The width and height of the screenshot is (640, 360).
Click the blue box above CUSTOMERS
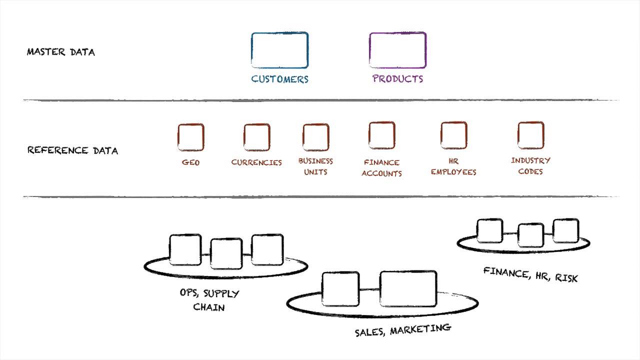(x=279, y=50)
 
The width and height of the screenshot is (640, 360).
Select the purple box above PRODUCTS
(x=397, y=50)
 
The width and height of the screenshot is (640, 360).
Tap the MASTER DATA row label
(x=60, y=51)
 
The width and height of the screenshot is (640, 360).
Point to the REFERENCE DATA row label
(x=72, y=150)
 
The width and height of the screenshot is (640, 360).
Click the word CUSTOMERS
(x=279, y=79)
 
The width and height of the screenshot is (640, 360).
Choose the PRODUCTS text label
(x=397, y=78)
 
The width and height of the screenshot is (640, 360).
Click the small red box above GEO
(x=190, y=137)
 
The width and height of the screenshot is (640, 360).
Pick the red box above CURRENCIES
(x=256, y=137)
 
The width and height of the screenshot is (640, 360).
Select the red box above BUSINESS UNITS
(x=315, y=137)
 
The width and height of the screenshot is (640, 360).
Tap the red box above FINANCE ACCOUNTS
(x=381, y=135)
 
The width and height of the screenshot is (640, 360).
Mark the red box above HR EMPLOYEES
(x=453, y=135)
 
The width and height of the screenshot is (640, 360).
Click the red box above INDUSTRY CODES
(x=530, y=135)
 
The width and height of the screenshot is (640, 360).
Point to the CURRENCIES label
(x=256, y=162)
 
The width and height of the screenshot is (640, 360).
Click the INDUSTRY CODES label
(x=530, y=166)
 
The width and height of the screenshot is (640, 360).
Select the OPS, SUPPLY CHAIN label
(x=209, y=300)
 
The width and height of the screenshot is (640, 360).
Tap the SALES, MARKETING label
(x=402, y=330)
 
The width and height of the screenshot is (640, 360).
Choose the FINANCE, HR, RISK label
(x=530, y=274)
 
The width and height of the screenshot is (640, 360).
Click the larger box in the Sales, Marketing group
(x=408, y=288)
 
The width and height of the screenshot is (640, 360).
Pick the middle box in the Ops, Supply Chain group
(x=226, y=253)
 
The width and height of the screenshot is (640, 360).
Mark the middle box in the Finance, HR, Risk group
(x=530, y=234)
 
